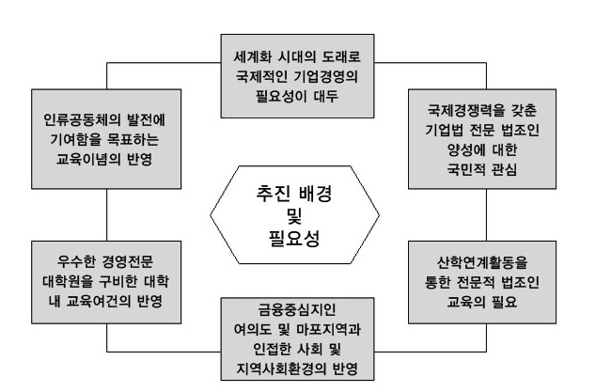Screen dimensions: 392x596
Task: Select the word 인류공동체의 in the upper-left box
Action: pyautogui.click(x=71, y=119)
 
